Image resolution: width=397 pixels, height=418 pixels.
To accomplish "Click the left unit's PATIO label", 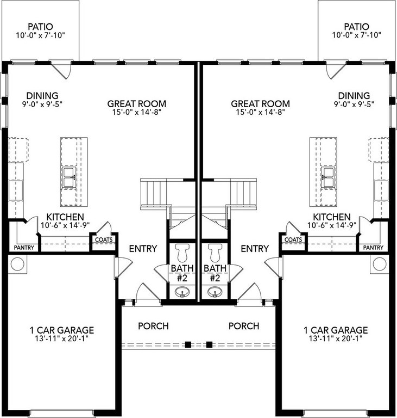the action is (x=40, y=27).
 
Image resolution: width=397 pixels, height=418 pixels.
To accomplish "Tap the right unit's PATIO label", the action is (x=357, y=27).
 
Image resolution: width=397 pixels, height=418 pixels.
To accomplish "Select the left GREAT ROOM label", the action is (x=137, y=104).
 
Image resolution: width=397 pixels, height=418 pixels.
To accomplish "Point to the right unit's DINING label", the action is (x=354, y=96).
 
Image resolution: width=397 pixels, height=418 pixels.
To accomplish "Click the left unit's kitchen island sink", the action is (x=69, y=177).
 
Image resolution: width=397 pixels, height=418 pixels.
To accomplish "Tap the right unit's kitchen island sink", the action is (x=328, y=177).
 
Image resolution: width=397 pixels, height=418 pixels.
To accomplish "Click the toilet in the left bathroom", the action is (x=182, y=253).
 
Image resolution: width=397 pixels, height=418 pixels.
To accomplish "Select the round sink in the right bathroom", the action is (x=215, y=292).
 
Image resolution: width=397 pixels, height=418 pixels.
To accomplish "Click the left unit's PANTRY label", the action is (x=24, y=248).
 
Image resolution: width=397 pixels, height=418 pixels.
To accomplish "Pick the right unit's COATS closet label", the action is (x=293, y=239).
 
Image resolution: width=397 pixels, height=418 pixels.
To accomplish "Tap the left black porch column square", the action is (x=188, y=345).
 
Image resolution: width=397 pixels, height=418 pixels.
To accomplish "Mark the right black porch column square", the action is (x=210, y=345).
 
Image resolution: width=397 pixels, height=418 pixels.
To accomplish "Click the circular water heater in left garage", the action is (x=17, y=264).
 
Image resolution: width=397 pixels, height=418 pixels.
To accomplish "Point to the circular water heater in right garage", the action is (x=380, y=264).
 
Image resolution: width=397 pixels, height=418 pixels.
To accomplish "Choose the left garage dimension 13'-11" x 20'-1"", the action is (x=62, y=339).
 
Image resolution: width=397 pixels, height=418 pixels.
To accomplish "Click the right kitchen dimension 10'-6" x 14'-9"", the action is (x=332, y=225).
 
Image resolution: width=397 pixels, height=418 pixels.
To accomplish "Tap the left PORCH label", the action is (x=153, y=326).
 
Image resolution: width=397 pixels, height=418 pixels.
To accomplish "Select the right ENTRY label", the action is (x=255, y=249).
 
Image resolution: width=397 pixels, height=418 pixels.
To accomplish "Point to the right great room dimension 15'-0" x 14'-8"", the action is (x=261, y=112).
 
